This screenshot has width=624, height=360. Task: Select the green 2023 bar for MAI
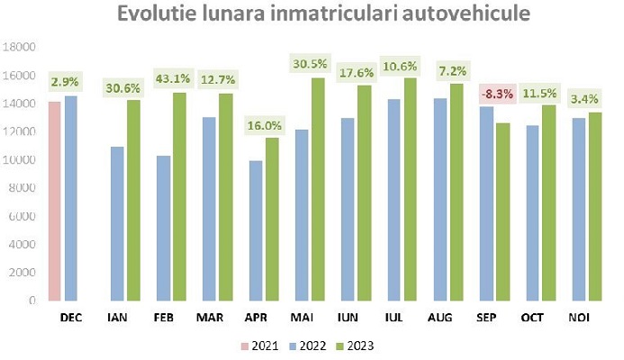coord(318,189)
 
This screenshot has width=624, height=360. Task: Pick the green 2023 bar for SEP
coord(502,211)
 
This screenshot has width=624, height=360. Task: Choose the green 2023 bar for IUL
coord(411,189)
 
